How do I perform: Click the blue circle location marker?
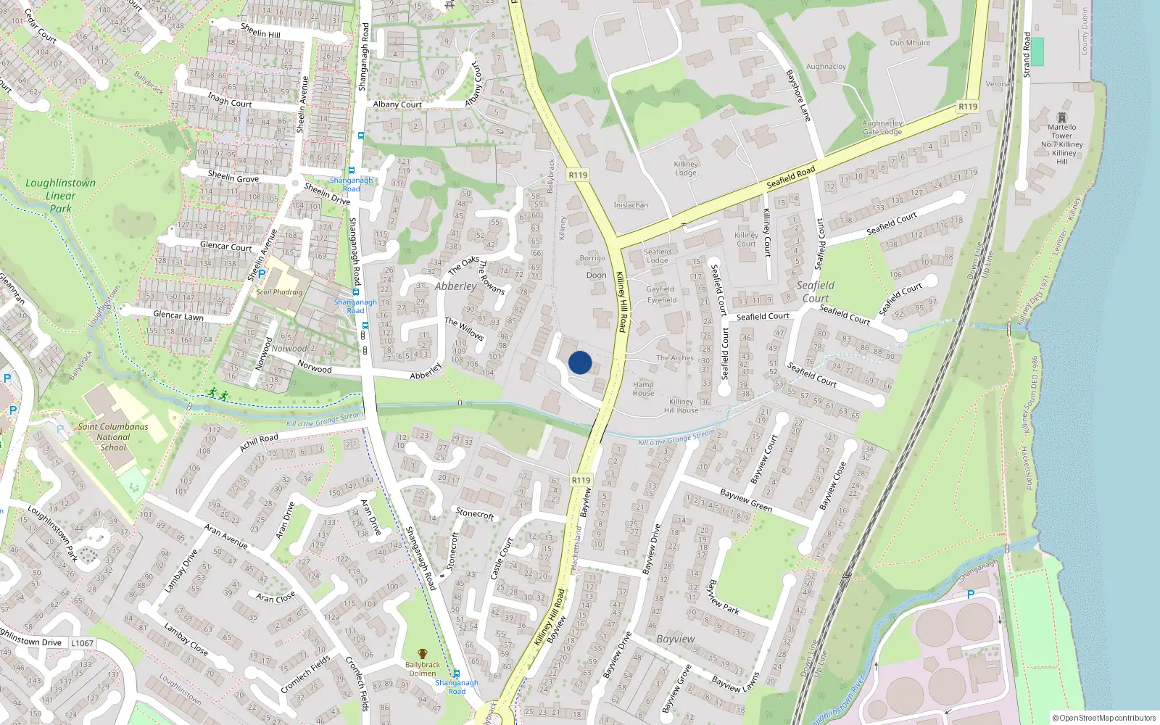pos(580,362)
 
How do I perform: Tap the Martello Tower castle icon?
pos(1062,117)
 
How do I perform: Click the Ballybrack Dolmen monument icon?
pos(423,654)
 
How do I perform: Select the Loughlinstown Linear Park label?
pos(60,196)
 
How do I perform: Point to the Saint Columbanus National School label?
pos(113,436)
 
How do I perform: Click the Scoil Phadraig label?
pos(279,292)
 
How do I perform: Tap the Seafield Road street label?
pos(791,177)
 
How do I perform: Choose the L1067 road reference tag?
pos(82,643)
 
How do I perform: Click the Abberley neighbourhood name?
pos(455,286)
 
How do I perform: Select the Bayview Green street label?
pos(745,500)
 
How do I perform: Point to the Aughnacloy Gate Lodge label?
pos(882,128)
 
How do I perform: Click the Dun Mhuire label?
pos(910,43)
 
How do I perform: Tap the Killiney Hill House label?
pos(681,406)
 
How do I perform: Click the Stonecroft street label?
pos(474,513)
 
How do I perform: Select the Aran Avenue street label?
pos(225,536)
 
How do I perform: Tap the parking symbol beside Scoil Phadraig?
pos(262,275)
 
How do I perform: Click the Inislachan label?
pos(631,205)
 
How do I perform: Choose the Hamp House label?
pos(643,389)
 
